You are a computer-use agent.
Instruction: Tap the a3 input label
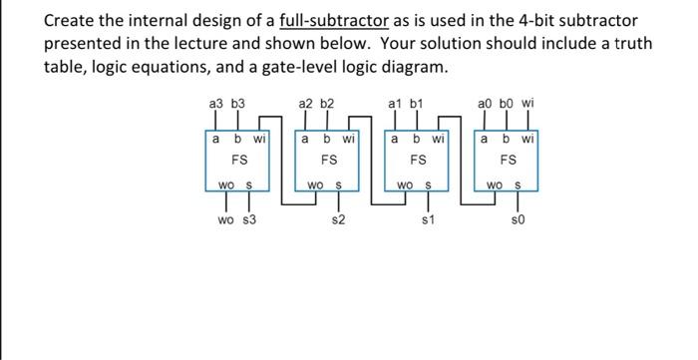click(x=214, y=103)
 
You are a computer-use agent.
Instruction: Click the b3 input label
click(x=237, y=103)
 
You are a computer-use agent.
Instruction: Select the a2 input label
click(x=306, y=103)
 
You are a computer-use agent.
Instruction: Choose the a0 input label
click(x=485, y=103)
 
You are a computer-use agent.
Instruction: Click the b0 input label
click(x=506, y=103)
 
